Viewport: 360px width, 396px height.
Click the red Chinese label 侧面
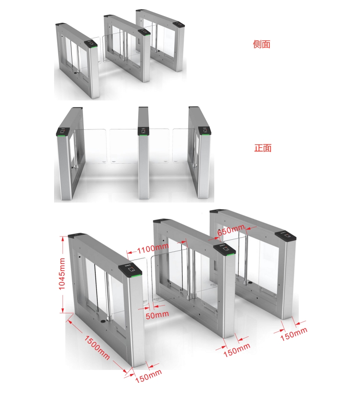[x=262, y=44]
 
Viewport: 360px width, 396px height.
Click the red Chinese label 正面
[x=263, y=148]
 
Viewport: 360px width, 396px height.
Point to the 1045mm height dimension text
[x=62, y=274]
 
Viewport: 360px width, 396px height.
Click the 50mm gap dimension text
[x=157, y=315]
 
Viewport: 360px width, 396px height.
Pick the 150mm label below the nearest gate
[x=149, y=376]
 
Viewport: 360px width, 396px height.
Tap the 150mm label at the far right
[x=294, y=334]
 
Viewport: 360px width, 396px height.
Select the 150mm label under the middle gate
[x=237, y=350]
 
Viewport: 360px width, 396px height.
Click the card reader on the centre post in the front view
[x=143, y=131]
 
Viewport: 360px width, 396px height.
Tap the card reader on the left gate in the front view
[x=62, y=131]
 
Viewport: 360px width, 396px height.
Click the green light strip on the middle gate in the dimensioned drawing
[x=230, y=254]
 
